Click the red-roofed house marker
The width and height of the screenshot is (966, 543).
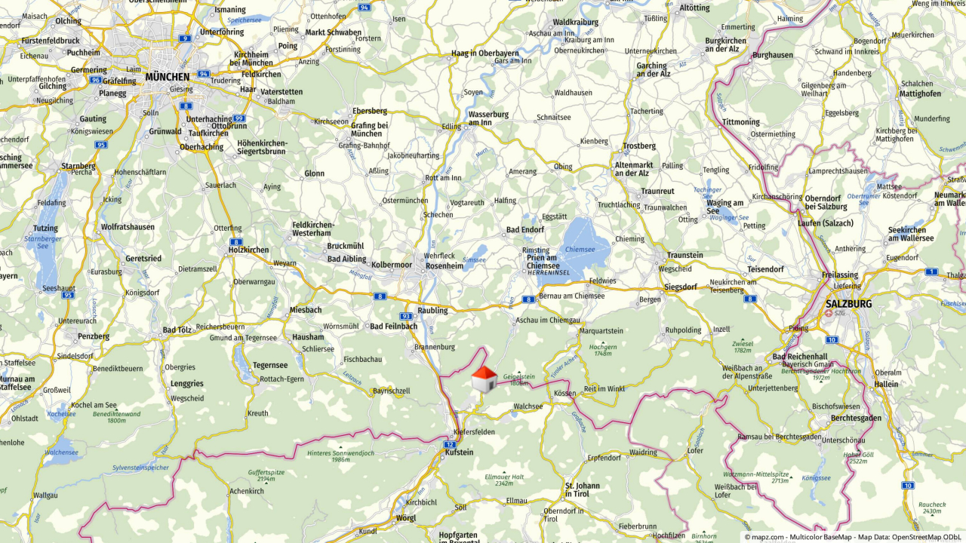(484, 379)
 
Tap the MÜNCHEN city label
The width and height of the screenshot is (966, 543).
(167, 77)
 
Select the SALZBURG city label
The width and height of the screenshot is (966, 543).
(848, 304)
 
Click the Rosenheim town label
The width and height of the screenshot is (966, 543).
(445, 265)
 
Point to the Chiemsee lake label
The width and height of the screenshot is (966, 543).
(580, 249)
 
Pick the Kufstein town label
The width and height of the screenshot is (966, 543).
(459, 452)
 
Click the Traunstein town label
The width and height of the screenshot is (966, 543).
(685, 256)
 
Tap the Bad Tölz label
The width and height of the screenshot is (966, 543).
(177, 330)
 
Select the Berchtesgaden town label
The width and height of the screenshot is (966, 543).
(856, 418)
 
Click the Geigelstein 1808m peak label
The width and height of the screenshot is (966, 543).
(518, 379)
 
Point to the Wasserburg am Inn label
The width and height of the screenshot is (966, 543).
(488, 118)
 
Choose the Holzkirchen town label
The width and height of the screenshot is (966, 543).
(248, 250)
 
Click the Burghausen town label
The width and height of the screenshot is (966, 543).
(773, 55)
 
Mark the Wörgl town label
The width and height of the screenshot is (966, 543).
(405, 518)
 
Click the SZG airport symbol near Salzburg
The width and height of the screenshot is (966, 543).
(829, 313)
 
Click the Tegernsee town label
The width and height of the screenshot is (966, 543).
(270, 365)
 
